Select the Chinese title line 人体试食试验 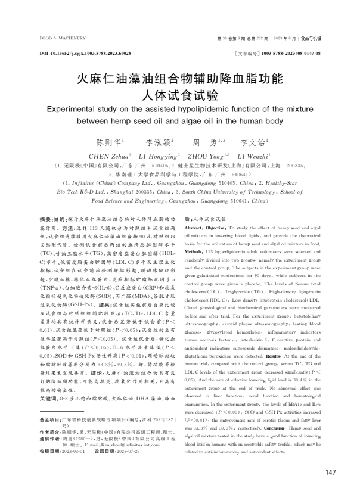[x=179, y=95]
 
